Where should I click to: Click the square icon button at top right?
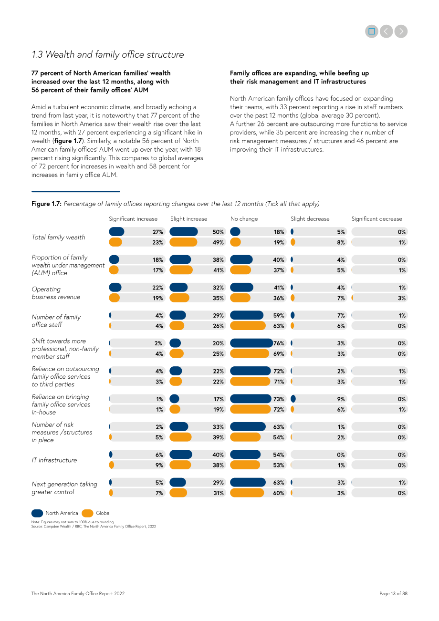pos(371,31)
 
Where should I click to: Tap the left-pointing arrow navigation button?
pos(386,31)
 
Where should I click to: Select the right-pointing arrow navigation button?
pos(401,31)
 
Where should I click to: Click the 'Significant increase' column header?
pos(133,219)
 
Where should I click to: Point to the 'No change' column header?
pos(244,219)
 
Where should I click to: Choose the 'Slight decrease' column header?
pos(310,219)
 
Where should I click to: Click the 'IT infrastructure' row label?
pos(54,460)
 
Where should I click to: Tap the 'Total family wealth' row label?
pos(58,237)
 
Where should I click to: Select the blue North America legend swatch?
pos(37,513)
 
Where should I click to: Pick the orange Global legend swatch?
pos(87,513)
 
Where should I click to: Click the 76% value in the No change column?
pos(279,343)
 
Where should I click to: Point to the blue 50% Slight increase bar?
pos(184,232)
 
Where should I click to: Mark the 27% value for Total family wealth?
pos(157,232)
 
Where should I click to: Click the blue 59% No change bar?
pos(247,315)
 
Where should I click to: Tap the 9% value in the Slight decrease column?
pos(341,399)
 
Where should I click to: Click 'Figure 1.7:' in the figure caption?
pos(46,204)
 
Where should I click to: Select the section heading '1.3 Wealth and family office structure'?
pos(108,55)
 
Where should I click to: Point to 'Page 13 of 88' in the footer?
pos(393,593)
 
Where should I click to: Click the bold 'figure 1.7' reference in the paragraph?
pos(68,141)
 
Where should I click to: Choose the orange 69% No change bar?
pos(250,353)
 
